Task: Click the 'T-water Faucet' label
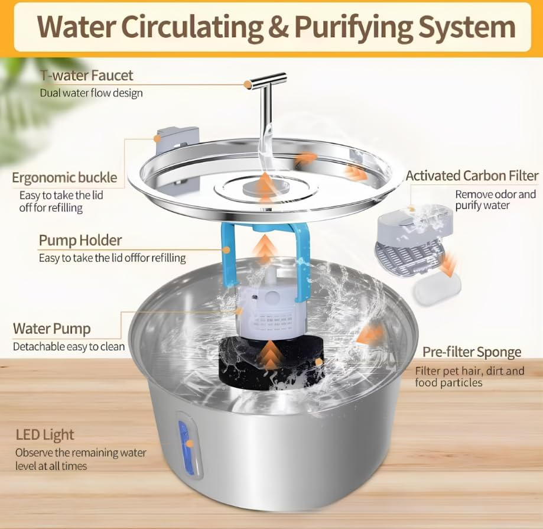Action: click(x=86, y=76)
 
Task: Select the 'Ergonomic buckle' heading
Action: click(x=64, y=177)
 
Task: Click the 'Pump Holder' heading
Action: click(x=80, y=240)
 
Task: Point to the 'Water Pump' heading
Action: click(x=52, y=329)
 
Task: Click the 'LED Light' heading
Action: click(x=45, y=435)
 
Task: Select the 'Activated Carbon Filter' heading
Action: click(x=472, y=176)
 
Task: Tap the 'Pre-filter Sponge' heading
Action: click(x=472, y=352)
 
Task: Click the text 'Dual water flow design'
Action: click(x=91, y=93)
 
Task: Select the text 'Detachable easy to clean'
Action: click(x=69, y=347)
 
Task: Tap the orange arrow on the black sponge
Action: click(x=269, y=353)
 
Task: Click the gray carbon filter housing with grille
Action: click(x=408, y=242)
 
